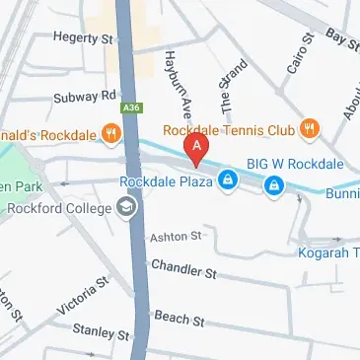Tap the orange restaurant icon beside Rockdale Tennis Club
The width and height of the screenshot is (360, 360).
(310, 126)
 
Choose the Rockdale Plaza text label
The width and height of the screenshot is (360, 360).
(166, 181)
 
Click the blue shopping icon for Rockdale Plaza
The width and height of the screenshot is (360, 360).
(228, 180)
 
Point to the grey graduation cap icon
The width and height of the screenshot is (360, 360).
(126, 207)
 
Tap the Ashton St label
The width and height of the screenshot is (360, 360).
(175, 237)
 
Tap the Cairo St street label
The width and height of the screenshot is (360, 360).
(301, 52)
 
